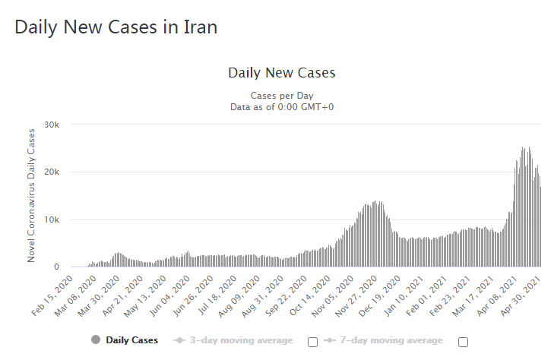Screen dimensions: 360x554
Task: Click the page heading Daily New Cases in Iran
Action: click(x=116, y=27)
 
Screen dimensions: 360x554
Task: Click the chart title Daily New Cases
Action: click(x=282, y=73)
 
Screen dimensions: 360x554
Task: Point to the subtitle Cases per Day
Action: click(x=282, y=96)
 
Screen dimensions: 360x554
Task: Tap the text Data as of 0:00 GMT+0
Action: click(x=282, y=107)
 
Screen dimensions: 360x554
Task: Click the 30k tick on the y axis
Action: click(x=52, y=125)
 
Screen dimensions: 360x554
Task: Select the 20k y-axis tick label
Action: click(x=52, y=172)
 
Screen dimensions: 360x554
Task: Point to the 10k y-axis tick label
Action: click(x=52, y=220)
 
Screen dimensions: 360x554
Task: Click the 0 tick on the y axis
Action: click(x=56, y=267)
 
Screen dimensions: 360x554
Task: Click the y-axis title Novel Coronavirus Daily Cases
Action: click(x=31, y=195)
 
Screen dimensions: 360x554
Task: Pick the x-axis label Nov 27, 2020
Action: click(x=358, y=289)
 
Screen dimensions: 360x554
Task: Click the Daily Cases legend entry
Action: click(x=131, y=339)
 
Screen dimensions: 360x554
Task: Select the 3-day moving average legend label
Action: click(x=241, y=339)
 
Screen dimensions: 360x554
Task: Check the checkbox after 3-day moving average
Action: click(x=312, y=341)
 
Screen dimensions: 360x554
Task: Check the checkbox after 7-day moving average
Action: click(x=463, y=341)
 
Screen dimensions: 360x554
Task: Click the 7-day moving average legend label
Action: click(x=391, y=339)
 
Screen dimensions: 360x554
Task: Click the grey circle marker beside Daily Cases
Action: click(x=96, y=339)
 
